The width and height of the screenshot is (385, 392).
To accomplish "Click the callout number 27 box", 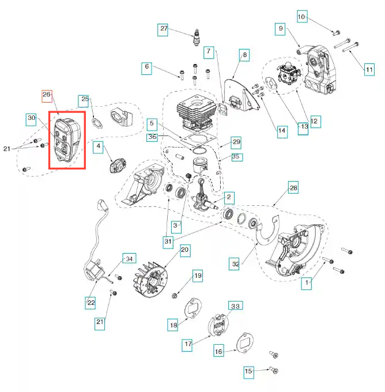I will (164, 29).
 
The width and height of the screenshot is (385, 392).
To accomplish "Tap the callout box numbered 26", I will (47, 95).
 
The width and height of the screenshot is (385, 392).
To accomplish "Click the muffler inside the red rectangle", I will (66, 138).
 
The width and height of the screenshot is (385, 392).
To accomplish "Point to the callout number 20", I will (184, 250).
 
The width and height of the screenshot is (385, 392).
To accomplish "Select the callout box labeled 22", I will (90, 301).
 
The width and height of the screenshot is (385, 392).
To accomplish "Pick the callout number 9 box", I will (281, 28).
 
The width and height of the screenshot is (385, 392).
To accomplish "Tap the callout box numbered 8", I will (244, 55).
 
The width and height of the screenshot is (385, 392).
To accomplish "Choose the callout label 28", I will (293, 189).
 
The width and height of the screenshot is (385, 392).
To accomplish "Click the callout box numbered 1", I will (308, 282).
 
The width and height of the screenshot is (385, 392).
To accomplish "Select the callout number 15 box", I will (248, 372).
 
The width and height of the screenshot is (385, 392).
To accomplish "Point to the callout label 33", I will (235, 306).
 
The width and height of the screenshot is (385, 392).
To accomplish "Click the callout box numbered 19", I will (197, 276).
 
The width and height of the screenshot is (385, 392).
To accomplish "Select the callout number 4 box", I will (99, 148).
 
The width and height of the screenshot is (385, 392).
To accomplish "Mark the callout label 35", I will (236, 156).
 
